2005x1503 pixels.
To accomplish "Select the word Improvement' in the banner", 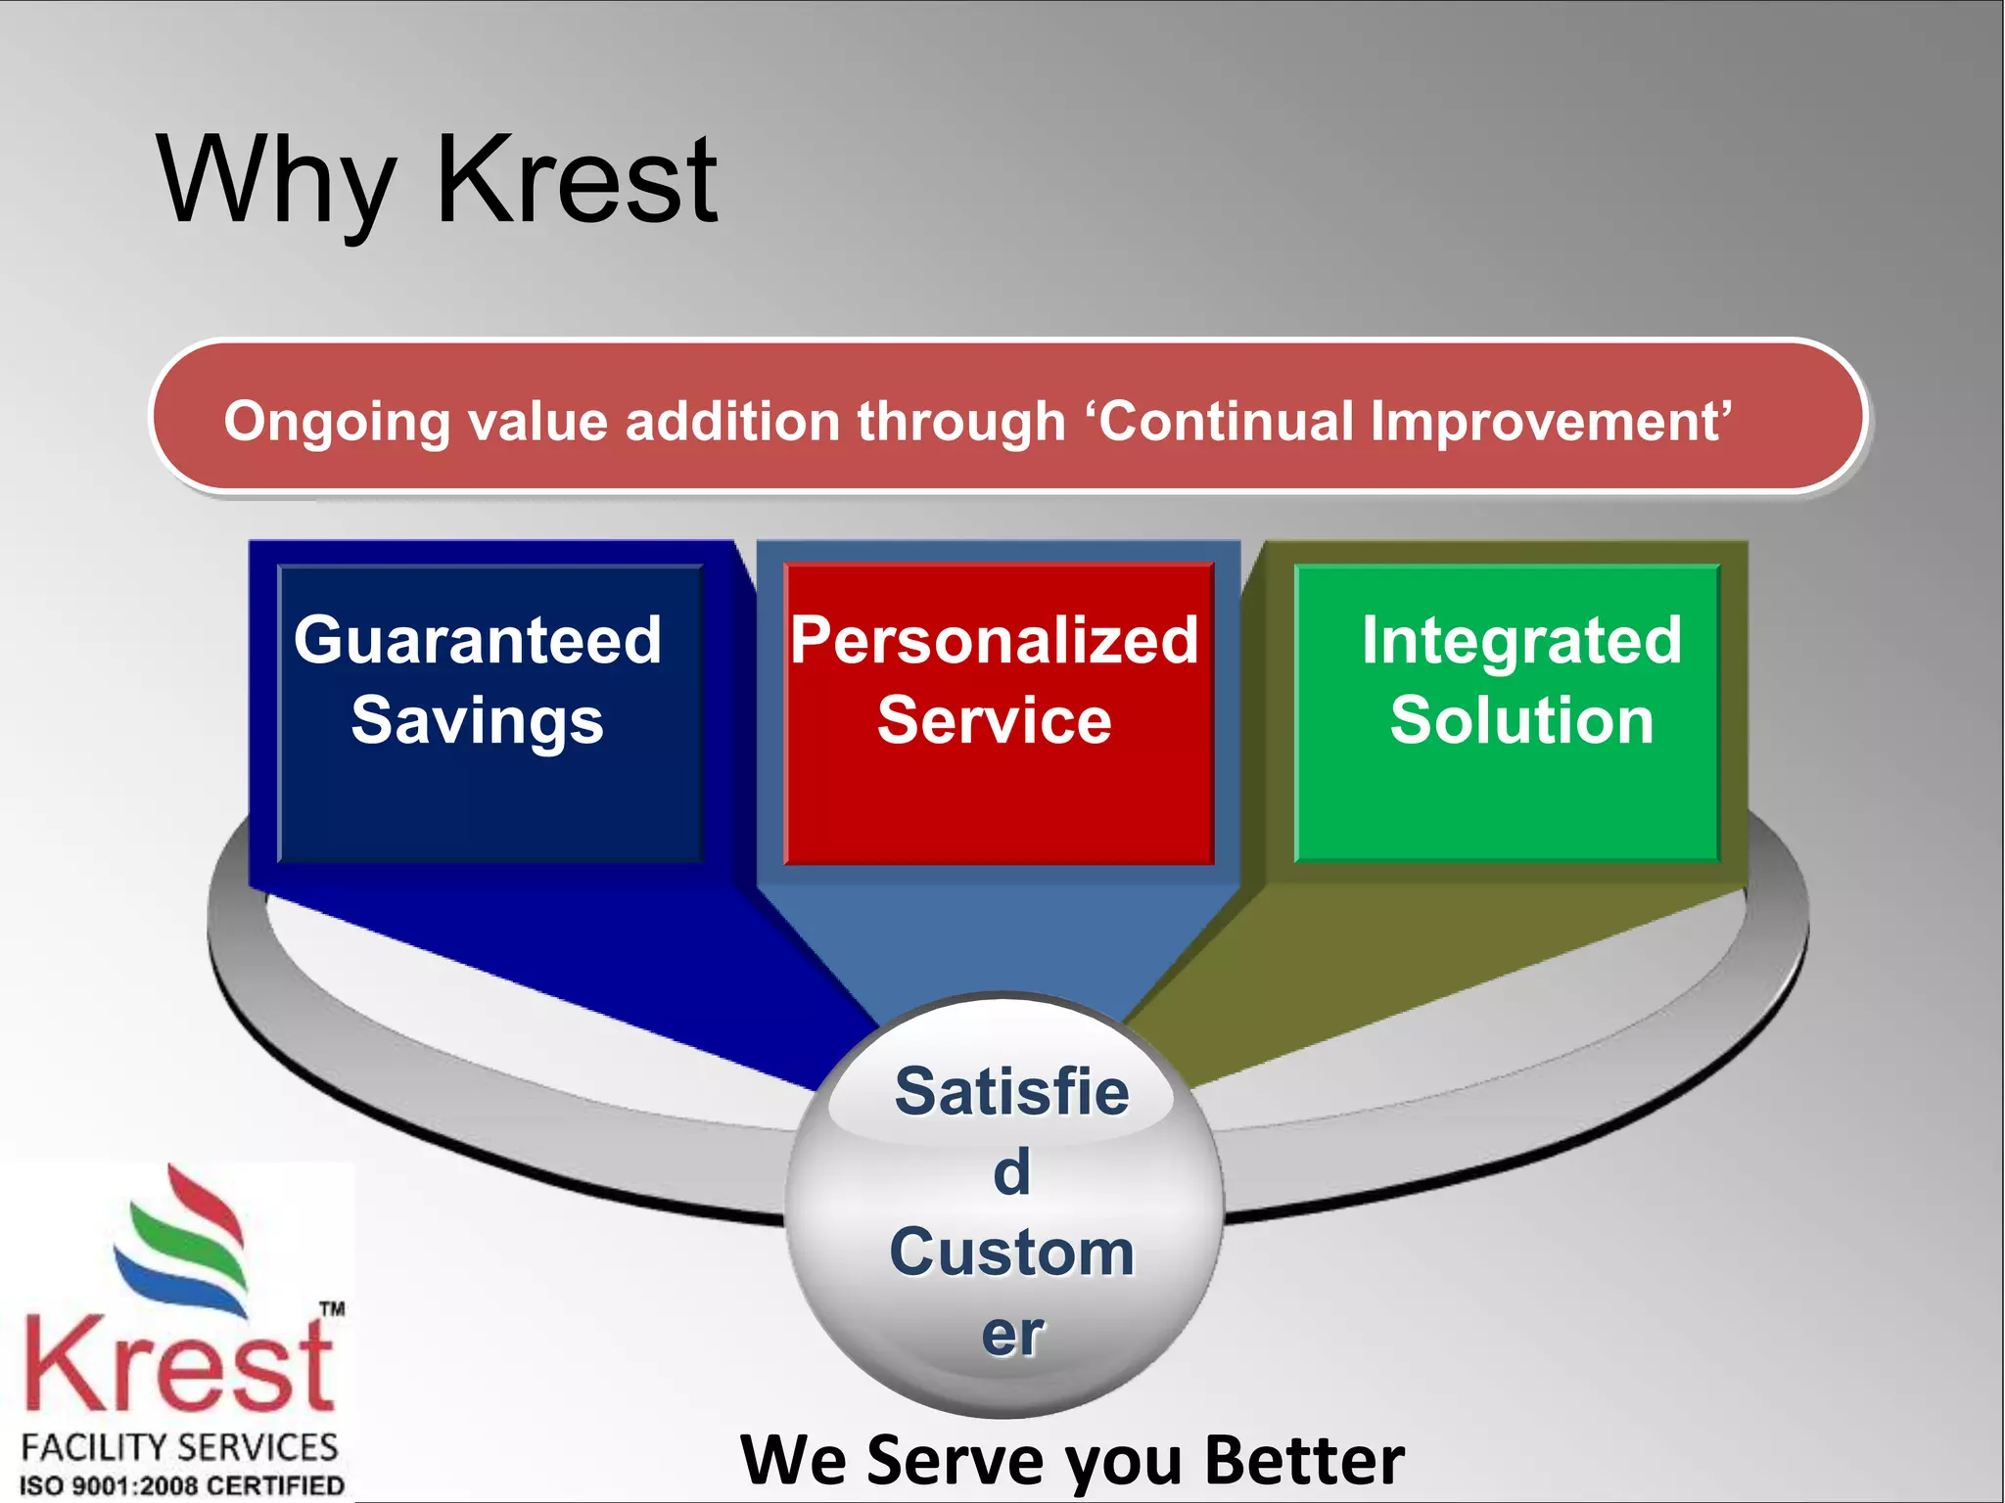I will (x=1551, y=422).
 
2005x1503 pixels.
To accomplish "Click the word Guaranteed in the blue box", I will (x=478, y=640).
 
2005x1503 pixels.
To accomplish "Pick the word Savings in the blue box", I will (x=478, y=721).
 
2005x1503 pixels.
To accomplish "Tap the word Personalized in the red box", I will (x=995, y=640).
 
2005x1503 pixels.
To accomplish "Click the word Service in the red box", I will (x=995, y=721).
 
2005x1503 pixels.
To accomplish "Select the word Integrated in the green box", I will (x=1521, y=640).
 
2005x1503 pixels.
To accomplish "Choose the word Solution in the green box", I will (x=1521, y=721).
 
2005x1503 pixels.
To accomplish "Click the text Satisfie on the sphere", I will (x=1011, y=1091).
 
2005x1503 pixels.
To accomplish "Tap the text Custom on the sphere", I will (x=1011, y=1252).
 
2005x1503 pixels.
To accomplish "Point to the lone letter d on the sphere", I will (x=1012, y=1172).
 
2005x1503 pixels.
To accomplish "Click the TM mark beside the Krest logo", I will (x=333, y=1308).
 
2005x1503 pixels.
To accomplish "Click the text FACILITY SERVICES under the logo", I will (x=179, y=1447).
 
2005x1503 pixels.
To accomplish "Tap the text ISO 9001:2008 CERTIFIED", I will (x=182, y=1485).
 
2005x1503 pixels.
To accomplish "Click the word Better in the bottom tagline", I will (x=1304, y=1460).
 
